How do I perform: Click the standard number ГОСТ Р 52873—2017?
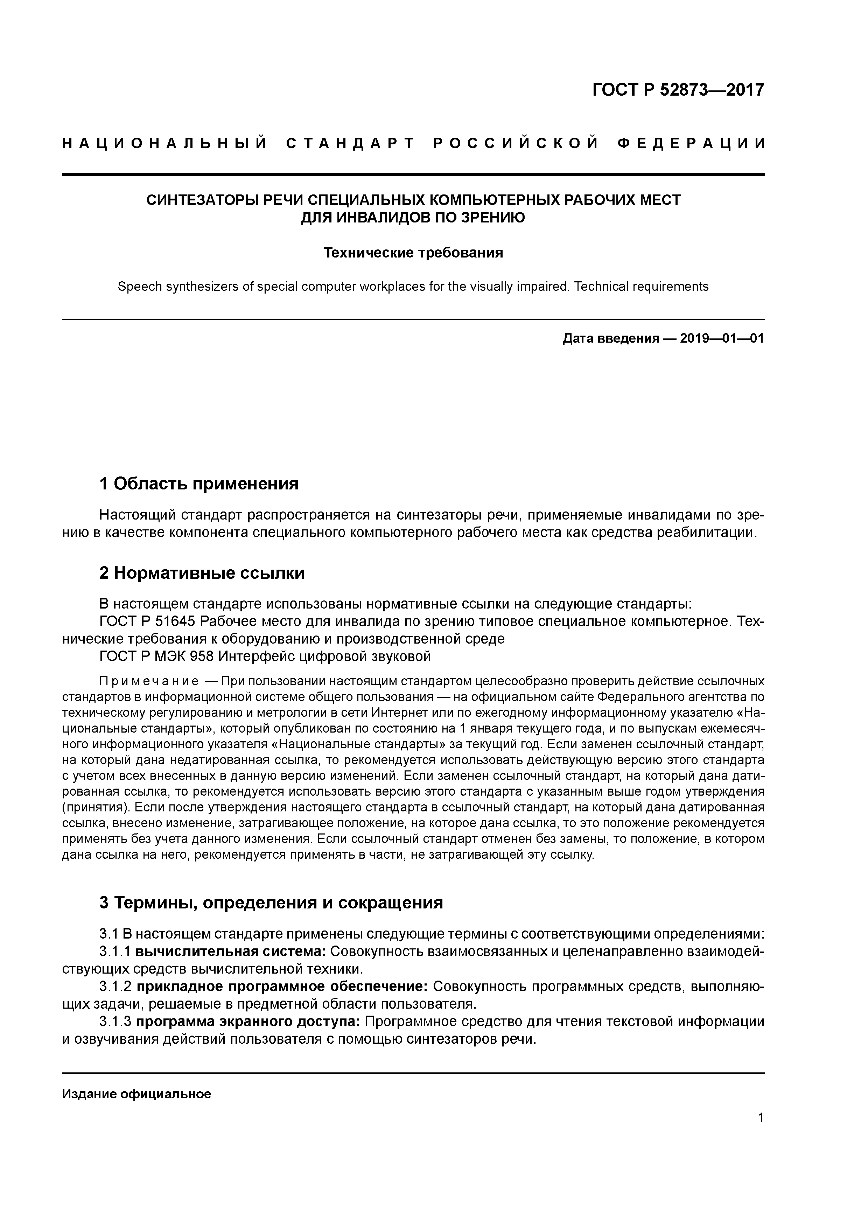click(x=678, y=90)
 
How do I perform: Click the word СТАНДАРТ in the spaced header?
click(x=350, y=143)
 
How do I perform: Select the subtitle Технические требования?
click(x=413, y=253)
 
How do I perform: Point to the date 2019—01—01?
click(x=722, y=339)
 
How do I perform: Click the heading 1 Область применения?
click(x=198, y=484)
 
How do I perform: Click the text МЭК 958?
click(x=191, y=656)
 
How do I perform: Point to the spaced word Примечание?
click(x=149, y=681)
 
